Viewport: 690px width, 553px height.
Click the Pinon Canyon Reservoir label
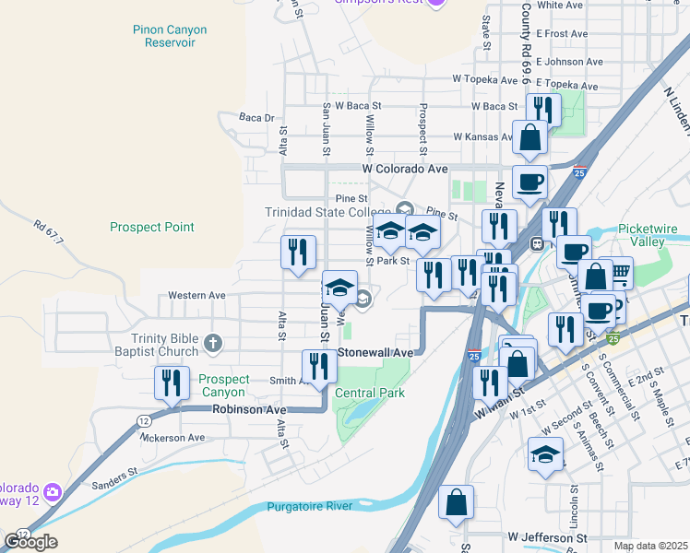[169, 37]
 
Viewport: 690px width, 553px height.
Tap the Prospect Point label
[152, 227]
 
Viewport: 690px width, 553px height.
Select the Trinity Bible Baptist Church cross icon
[213, 344]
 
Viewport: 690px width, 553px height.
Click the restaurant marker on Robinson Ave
[172, 383]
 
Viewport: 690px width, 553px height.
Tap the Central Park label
[370, 393]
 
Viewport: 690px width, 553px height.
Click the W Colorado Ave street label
[405, 170]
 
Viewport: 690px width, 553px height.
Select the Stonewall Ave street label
[375, 352]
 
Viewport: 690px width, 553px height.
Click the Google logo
[30, 541]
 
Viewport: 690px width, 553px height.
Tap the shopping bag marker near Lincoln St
[456, 503]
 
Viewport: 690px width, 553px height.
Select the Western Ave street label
[196, 296]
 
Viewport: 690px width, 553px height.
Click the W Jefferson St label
[546, 536]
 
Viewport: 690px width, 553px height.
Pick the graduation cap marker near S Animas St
[545, 454]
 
